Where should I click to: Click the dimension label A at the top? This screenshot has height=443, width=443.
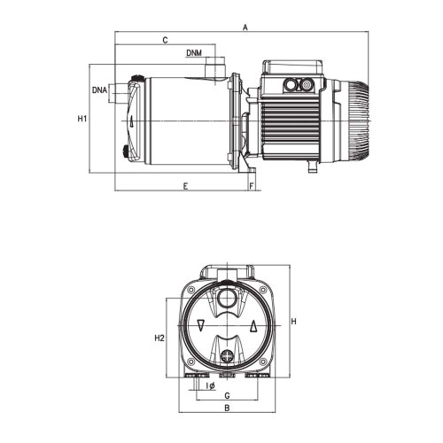click(245, 28)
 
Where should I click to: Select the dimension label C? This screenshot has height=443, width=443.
click(165, 41)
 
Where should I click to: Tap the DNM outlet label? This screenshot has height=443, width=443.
click(198, 54)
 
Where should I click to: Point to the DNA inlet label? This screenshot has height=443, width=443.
click(99, 90)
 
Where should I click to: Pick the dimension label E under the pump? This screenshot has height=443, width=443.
click(184, 186)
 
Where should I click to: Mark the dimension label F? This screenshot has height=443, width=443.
click(253, 186)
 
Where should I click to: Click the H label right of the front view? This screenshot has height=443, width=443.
click(292, 321)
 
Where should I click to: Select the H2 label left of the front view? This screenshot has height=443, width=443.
click(159, 338)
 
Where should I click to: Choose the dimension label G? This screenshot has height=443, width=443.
click(228, 395)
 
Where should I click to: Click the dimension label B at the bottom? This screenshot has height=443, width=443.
click(228, 408)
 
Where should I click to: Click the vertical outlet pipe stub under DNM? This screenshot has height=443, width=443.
click(214, 69)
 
